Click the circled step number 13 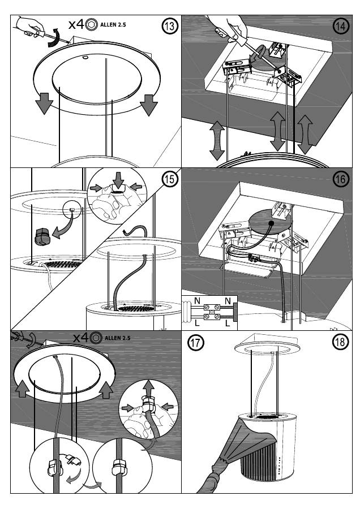[x=169, y=26]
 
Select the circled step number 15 [x=169, y=179]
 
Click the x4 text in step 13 [x=76, y=25]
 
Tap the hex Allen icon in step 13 [x=91, y=25]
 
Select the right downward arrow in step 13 [x=149, y=103]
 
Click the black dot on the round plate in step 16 [x=272, y=223]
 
